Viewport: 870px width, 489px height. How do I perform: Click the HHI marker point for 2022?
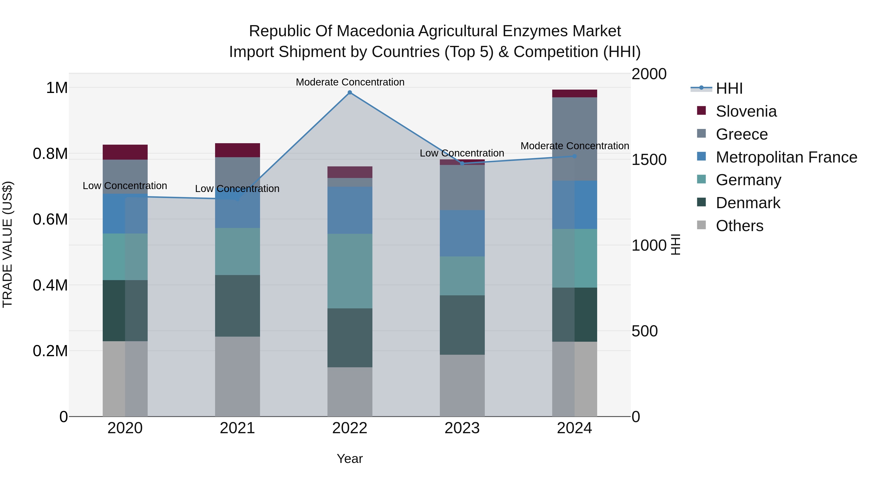point(350,92)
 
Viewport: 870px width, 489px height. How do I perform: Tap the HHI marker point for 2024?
point(574,156)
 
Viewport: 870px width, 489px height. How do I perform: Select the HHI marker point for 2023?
point(462,163)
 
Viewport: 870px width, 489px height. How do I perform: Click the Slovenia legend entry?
point(746,111)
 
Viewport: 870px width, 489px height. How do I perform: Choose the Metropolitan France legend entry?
point(786,157)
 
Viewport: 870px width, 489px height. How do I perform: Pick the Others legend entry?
point(739,226)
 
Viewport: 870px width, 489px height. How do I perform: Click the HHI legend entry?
point(729,88)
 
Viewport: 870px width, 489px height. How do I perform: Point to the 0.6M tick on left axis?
point(50,219)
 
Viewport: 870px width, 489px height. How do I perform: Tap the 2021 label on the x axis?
point(237,428)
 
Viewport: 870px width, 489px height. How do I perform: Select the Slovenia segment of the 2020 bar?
point(125,152)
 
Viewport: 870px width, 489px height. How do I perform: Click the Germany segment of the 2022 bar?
point(350,271)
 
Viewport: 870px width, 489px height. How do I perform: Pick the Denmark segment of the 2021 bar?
point(237,306)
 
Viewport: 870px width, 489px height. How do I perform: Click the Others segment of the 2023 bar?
point(462,385)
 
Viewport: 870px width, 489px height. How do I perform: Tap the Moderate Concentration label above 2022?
point(350,82)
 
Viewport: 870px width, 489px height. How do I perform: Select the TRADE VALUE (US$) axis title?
point(7,245)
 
